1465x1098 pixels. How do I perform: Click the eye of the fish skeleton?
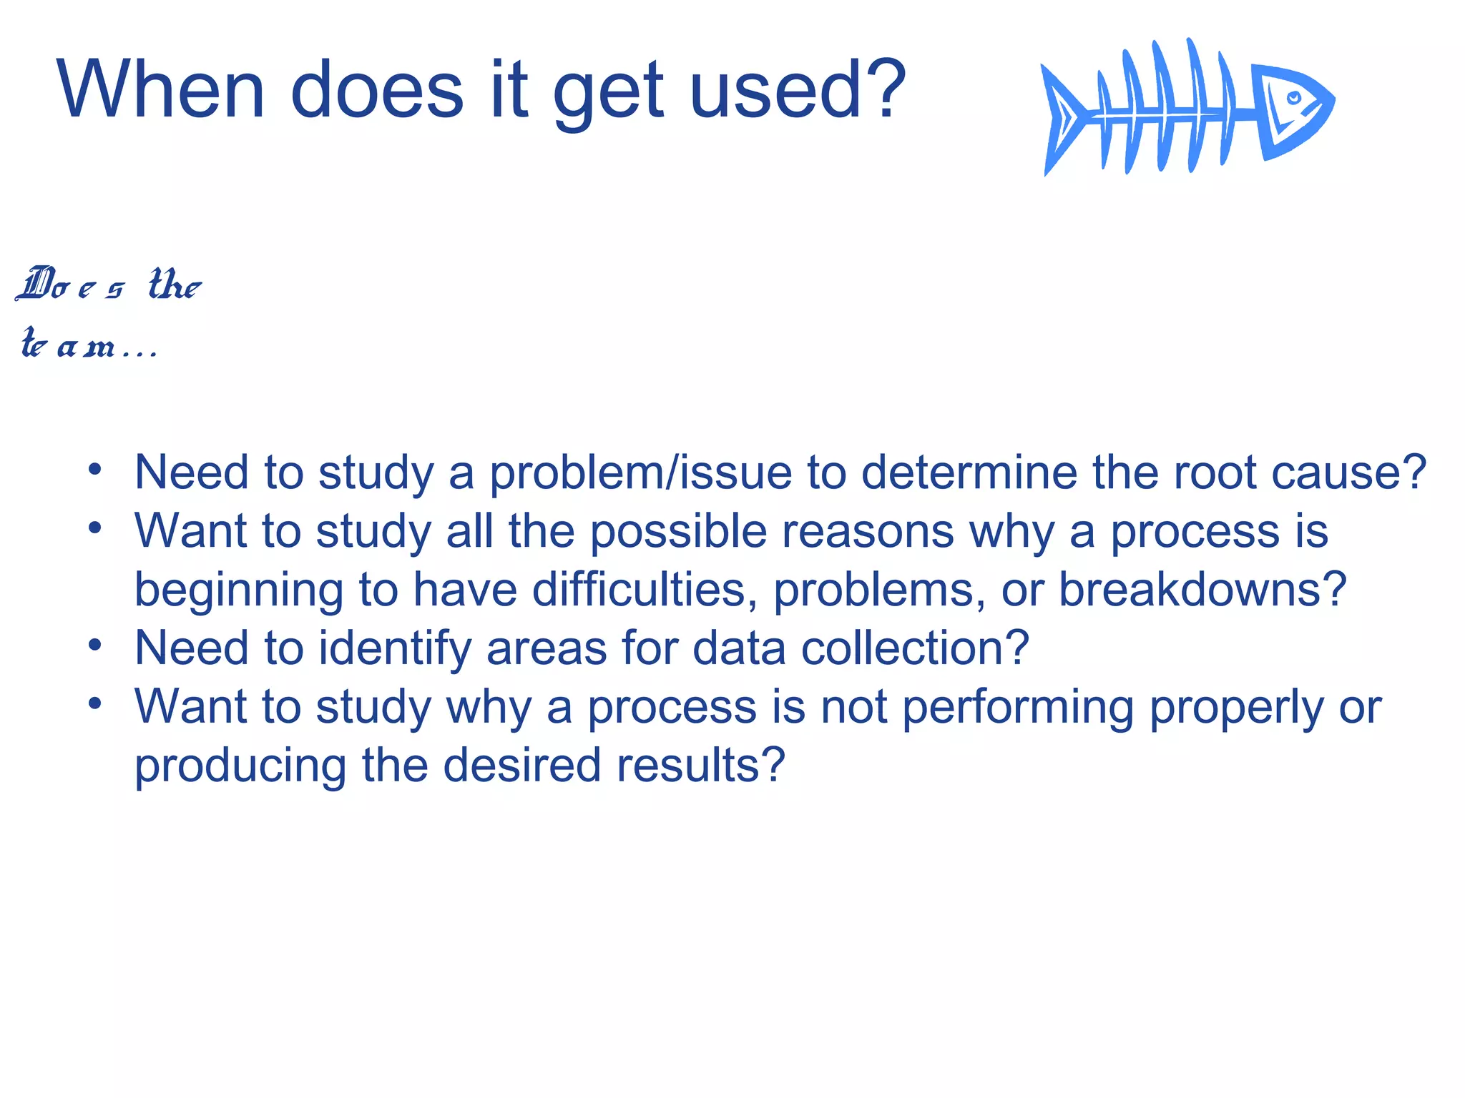tap(1293, 97)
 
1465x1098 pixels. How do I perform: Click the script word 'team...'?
tap(87, 345)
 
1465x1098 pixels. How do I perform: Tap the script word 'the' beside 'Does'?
tap(175, 285)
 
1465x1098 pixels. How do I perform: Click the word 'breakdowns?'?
tap(1202, 590)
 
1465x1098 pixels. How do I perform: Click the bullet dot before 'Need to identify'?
tap(95, 646)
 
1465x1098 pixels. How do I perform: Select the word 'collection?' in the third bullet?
tap(914, 648)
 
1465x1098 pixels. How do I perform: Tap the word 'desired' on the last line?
tap(522, 766)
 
